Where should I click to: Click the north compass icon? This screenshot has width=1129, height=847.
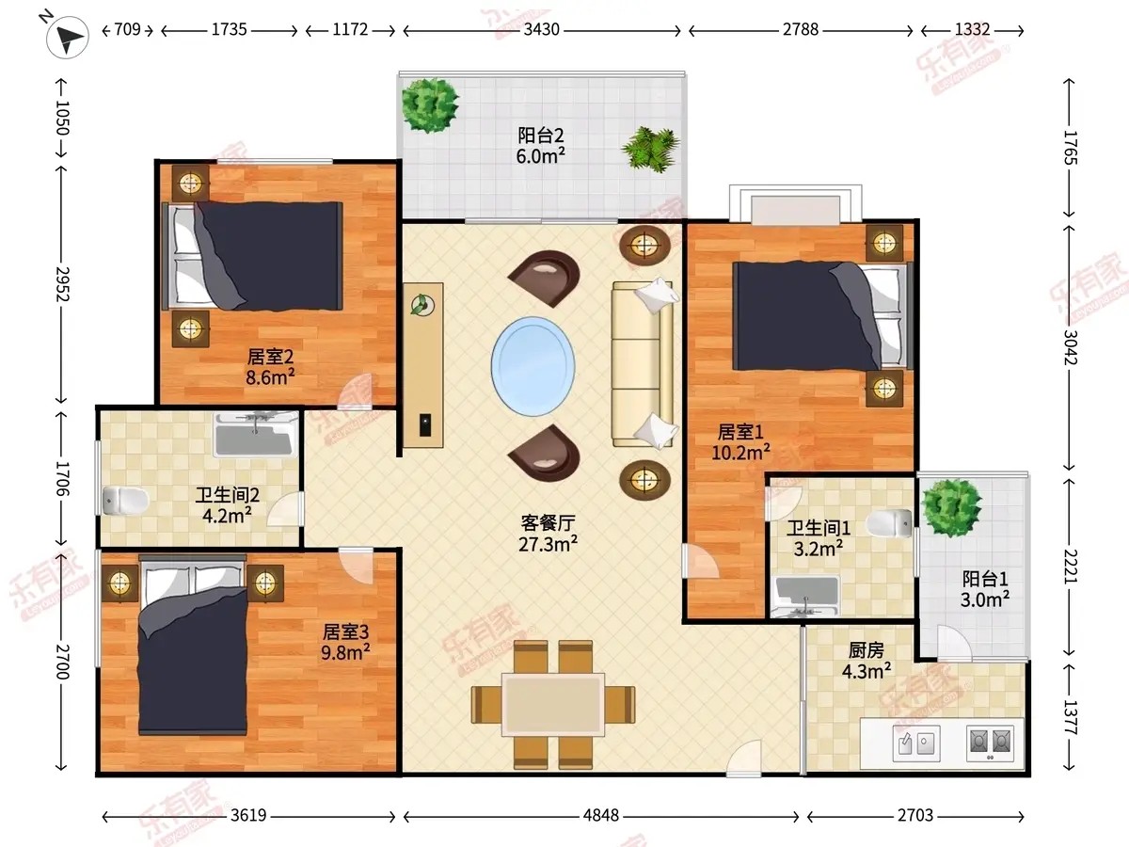tap(67, 37)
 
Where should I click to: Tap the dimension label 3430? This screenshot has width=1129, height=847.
tap(542, 29)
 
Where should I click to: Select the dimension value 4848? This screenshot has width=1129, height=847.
tap(601, 815)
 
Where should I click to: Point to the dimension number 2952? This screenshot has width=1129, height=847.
tap(62, 284)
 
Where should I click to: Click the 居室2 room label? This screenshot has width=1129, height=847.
tap(270, 356)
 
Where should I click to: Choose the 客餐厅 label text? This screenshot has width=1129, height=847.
tap(548, 523)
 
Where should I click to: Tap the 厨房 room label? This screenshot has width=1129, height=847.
tap(867, 650)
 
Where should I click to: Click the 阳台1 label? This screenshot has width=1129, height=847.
tap(985, 579)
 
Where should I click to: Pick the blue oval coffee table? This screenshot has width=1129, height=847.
tap(533, 366)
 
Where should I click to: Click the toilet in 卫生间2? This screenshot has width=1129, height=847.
tap(125, 500)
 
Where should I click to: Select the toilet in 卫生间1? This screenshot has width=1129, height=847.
tap(889, 523)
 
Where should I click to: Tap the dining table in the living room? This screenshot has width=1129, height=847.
tap(553, 704)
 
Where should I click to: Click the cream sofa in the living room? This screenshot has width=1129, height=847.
tap(643, 363)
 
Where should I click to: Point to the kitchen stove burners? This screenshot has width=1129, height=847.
tap(990, 743)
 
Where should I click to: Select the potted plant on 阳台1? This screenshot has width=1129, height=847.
tap(951, 508)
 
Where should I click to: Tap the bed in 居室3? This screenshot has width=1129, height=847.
tap(193, 645)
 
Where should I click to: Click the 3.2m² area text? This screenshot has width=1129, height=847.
tap(818, 549)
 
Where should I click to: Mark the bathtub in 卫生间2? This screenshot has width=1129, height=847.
tap(256, 436)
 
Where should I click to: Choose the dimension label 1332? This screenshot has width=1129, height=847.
tap(972, 29)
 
